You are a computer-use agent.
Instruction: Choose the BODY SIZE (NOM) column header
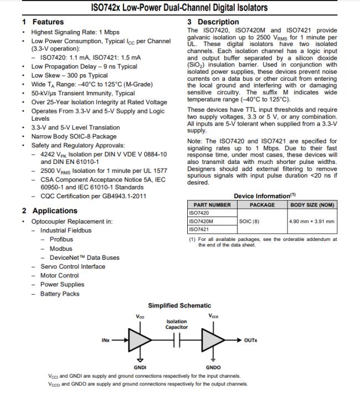point(312,204)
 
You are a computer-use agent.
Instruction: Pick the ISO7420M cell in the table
point(202,220)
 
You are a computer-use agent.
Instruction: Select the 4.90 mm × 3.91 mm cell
point(312,221)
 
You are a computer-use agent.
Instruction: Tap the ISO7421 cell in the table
point(199,229)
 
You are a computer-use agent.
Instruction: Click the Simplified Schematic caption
point(179,306)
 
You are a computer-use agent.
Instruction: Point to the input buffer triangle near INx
point(137,340)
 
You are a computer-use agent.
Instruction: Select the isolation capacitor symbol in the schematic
point(177,340)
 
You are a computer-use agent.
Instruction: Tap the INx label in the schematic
point(105,340)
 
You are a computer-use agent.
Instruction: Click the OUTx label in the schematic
point(250,340)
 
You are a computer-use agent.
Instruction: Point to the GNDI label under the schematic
point(140,367)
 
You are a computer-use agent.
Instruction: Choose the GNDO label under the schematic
point(213,367)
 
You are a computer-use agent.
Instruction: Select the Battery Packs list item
point(60,294)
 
